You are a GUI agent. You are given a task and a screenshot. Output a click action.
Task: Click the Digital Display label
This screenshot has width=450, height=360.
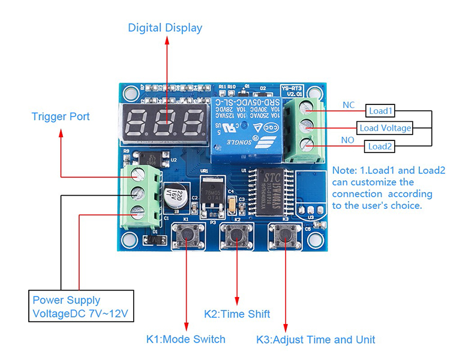(x=165, y=28)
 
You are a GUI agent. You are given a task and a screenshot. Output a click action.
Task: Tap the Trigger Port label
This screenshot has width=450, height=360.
(x=61, y=116)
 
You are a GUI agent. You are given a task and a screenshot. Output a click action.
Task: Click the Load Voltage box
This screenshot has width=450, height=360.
(x=385, y=128)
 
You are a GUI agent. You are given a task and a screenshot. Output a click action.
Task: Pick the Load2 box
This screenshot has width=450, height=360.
(x=380, y=146)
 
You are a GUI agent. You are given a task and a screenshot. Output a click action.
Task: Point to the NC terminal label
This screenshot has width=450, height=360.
(x=349, y=105)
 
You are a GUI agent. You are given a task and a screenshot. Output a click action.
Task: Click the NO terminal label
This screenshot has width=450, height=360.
(x=349, y=140)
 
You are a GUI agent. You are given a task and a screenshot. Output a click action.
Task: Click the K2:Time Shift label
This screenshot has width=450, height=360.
(x=237, y=314)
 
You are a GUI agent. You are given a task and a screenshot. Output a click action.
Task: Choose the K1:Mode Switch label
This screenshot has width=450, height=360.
(x=186, y=339)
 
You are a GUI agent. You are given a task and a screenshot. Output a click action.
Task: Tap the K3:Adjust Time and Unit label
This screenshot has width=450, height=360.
(x=316, y=340)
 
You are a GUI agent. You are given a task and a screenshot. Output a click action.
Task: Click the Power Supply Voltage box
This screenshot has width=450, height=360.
(x=81, y=307)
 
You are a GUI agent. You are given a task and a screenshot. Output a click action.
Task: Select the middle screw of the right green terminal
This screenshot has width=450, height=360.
(x=308, y=127)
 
